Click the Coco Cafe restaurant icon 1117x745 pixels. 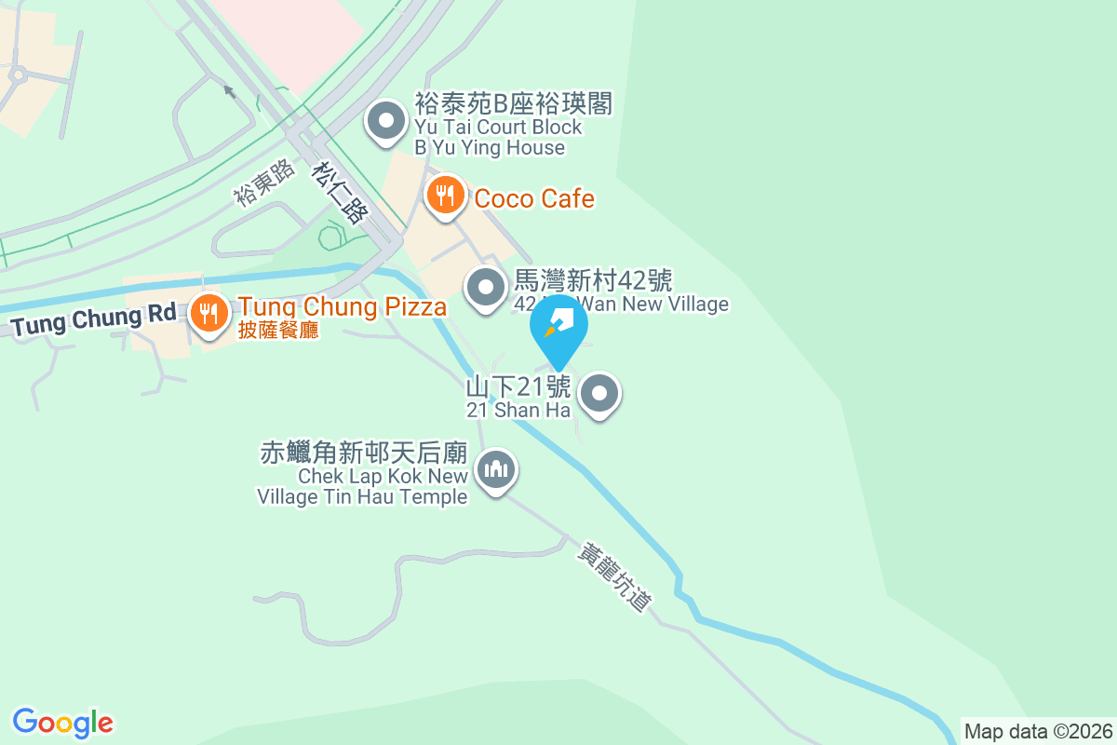[x=446, y=196]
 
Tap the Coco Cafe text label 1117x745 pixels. [x=534, y=198]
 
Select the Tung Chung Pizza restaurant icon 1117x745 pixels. [x=210, y=312]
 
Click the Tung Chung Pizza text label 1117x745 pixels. [x=342, y=306]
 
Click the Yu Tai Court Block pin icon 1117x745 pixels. [x=385, y=121]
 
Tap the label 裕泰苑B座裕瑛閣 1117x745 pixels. [x=513, y=103]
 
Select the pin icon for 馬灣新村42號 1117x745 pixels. [x=485, y=287]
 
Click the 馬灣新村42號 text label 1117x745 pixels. [x=593, y=279]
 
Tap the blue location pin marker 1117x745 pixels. [x=559, y=326]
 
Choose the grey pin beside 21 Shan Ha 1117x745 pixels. [x=600, y=394]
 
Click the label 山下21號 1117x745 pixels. [x=518, y=386]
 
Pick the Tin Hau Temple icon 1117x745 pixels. [x=496, y=469]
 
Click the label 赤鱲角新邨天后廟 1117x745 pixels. [x=363, y=454]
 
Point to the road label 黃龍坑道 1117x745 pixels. [x=613, y=577]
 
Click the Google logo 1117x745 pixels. [x=63, y=722]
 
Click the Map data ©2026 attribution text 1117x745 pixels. [x=1038, y=731]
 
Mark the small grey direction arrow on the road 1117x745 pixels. [x=229, y=91]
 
